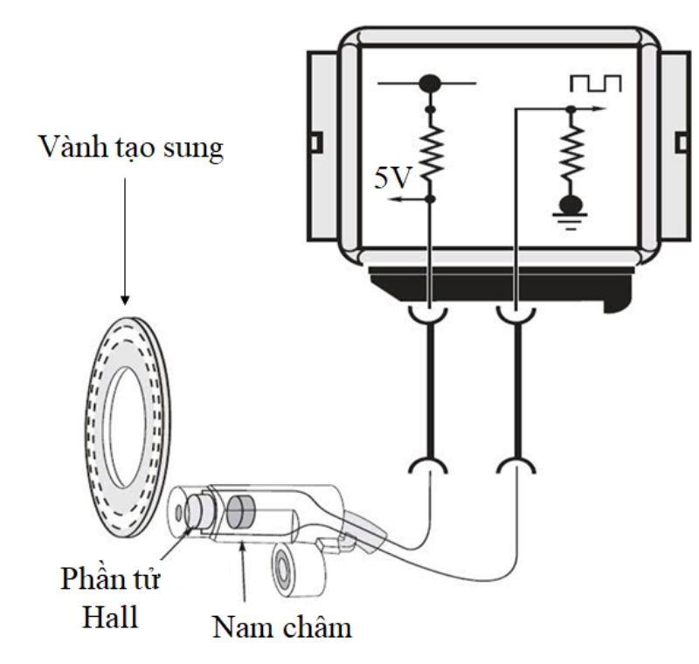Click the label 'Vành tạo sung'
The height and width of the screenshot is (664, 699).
click(x=128, y=148)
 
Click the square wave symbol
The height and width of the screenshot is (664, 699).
click(x=595, y=83)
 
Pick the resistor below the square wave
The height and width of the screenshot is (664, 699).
click(x=571, y=154)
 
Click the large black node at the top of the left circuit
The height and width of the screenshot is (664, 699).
click(x=429, y=85)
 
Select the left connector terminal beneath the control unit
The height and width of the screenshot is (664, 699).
click(x=429, y=313)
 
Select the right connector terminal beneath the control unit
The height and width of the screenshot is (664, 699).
click(x=516, y=313)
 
